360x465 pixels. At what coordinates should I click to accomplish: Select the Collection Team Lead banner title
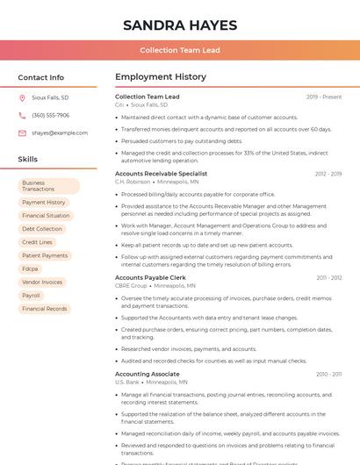(x=179, y=51)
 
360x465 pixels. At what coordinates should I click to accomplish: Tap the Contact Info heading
(x=41, y=77)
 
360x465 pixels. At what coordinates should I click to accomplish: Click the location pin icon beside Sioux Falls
(x=22, y=97)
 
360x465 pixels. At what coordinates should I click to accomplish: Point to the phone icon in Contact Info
(x=22, y=115)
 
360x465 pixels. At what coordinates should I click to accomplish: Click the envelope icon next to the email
(x=22, y=132)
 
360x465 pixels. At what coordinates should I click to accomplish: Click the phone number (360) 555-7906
(x=50, y=115)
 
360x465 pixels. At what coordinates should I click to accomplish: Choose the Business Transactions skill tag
(x=49, y=186)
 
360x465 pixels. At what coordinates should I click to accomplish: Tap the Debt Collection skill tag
(x=42, y=229)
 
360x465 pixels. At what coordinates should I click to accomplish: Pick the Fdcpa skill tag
(x=31, y=268)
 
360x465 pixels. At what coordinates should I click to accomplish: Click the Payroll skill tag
(x=32, y=296)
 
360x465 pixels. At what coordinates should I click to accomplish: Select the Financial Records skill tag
(x=45, y=309)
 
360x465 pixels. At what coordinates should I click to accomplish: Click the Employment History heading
(x=161, y=77)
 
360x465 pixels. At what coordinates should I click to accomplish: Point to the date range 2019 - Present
(x=324, y=97)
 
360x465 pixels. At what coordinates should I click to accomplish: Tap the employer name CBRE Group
(x=131, y=285)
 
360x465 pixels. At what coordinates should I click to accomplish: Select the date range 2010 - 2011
(x=328, y=374)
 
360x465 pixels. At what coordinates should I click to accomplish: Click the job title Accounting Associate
(x=148, y=374)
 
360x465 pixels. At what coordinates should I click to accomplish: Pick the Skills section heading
(x=28, y=160)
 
